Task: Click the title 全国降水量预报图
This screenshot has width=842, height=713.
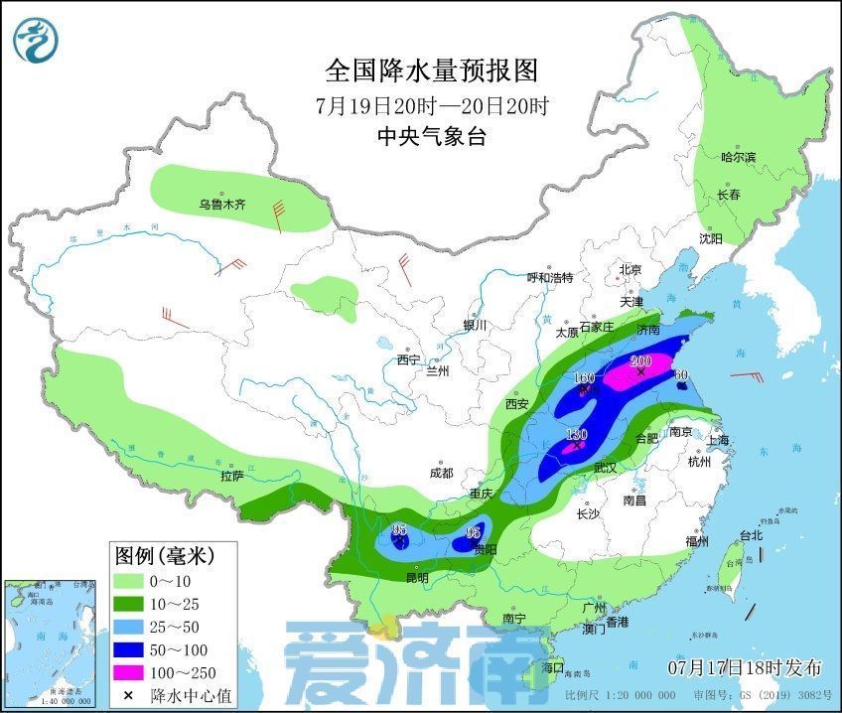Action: pyautogui.click(x=431, y=71)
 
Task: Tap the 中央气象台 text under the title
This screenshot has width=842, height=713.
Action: pyautogui.click(x=431, y=137)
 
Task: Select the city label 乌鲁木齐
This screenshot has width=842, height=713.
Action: pyautogui.click(x=220, y=206)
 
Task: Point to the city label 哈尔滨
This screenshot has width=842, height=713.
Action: pyautogui.click(x=738, y=157)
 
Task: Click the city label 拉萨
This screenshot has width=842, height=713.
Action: pyautogui.click(x=231, y=478)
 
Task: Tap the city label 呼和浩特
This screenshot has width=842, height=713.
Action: pyautogui.click(x=549, y=278)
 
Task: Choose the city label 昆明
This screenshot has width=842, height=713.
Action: pyautogui.click(x=416, y=577)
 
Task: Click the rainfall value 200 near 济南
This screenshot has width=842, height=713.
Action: pyautogui.click(x=640, y=360)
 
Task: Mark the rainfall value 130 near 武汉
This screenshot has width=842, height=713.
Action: pyautogui.click(x=577, y=435)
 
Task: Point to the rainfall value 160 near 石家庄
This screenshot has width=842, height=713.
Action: pyautogui.click(x=584, y=378)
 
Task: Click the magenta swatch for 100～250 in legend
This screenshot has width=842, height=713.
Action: pyautogui.click(x=127, y=673)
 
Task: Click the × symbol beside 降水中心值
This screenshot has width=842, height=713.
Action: pyautogui.click(x=127, y=695)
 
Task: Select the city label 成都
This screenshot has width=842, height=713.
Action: pyautogui.click(x=442, y=474)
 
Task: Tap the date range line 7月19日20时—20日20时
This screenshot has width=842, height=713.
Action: pyautogui.click(x=431, y=105)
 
